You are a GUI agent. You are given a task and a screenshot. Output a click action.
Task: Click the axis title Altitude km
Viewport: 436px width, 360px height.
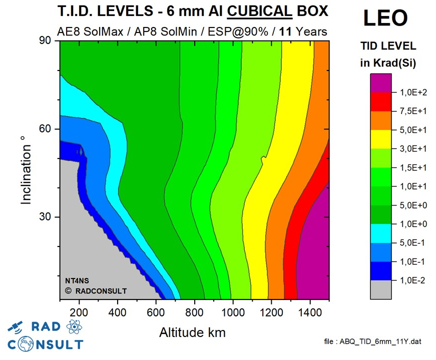[192, 332]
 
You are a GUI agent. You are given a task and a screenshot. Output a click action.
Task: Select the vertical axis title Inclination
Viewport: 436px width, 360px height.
[26, 174]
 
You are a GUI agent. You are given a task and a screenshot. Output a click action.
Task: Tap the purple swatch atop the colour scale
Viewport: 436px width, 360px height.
[380, 82]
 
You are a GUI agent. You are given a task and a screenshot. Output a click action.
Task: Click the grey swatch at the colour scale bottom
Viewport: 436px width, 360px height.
[380, 289]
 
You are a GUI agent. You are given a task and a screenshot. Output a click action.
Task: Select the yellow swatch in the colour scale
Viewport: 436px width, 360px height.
[380, 139]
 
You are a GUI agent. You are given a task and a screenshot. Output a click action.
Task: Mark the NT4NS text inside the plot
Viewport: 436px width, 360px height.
[76, 280]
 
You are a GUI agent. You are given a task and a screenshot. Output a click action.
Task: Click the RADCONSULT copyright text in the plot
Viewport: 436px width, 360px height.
[96, 290]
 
